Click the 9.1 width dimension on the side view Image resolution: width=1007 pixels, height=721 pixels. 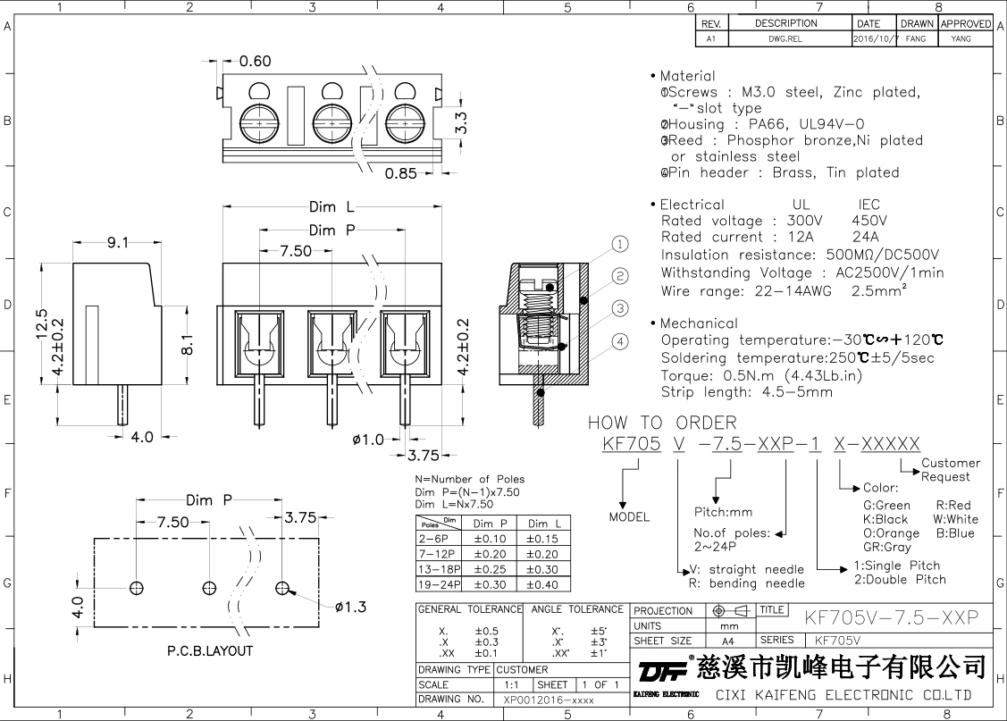(x=117, y=241)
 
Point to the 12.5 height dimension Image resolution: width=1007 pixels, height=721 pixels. (x=39, y=325)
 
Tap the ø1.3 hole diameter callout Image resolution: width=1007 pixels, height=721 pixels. (x=351, y=608)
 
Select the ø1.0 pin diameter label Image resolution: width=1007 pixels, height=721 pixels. (x=368, y=439)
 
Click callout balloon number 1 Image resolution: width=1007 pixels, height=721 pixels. (x=620, y=245)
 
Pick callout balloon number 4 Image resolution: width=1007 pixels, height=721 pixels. (x=620, y=340)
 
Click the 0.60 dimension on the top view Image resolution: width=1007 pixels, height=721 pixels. (x=255, y=62)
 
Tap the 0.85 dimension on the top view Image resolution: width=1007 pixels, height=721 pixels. (x=401, y=173)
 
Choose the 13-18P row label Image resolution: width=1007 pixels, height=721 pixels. (x=439, y=569)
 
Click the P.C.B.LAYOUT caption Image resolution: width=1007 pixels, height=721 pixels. (x=210, y=650)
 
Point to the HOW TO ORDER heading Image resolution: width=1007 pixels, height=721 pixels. (x=662, y=423)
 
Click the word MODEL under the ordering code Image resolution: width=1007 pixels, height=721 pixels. (x=630, y=517)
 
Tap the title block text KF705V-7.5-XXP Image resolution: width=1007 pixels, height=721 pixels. (x=892, y=617)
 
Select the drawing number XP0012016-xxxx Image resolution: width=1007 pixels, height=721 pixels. (x=549, y=700)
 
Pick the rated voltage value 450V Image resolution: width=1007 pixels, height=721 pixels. (x=869, y=221)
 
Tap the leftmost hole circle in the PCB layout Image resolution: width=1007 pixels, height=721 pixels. (x=137, y=588)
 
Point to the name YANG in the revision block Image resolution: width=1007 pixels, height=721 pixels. (x=961, y=39)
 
